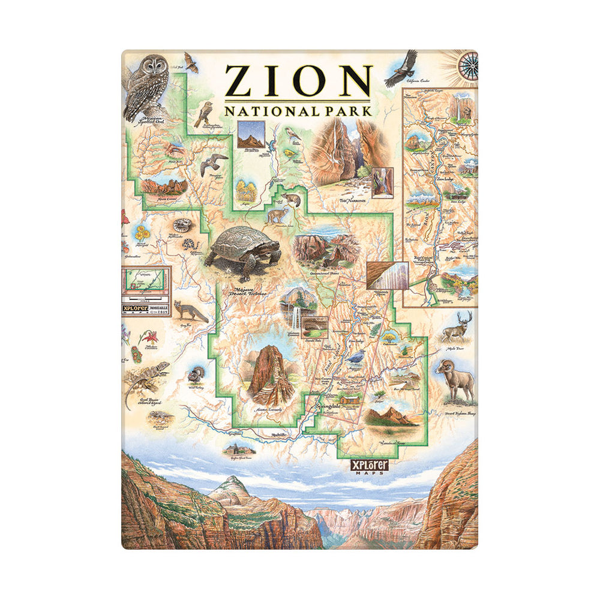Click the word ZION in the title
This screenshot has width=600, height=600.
[x=298, y=81]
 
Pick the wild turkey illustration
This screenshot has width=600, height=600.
[x=196, y=375]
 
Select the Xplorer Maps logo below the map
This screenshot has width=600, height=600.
[x=371, y=466]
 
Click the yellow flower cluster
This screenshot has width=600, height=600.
[x=142, y=233]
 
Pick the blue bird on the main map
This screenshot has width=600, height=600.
[x=357, y=358]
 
